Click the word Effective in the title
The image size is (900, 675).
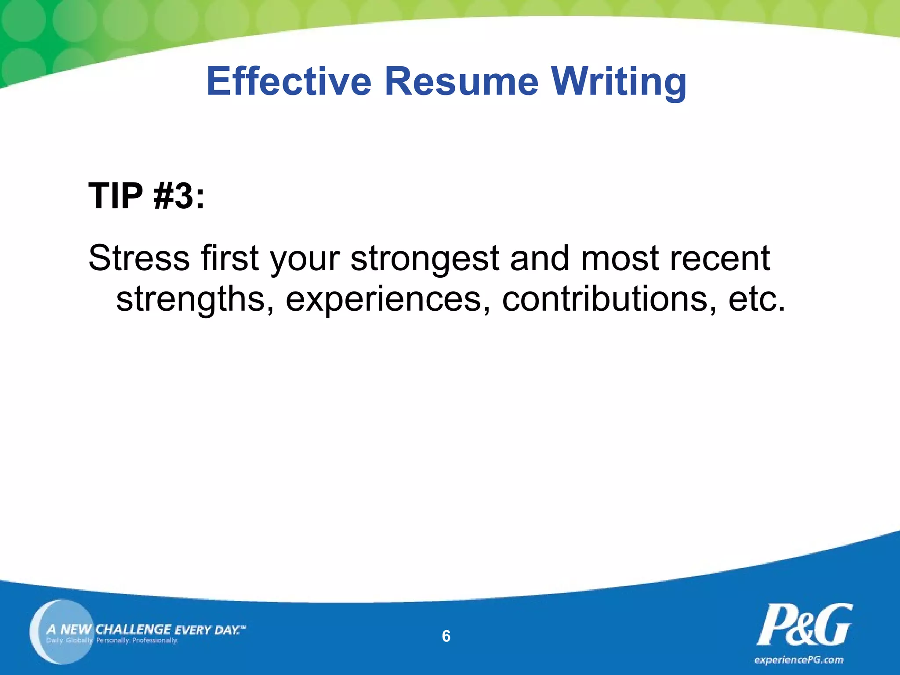point(289,81)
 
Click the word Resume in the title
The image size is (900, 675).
point(461,81)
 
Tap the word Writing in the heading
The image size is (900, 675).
point(618,81)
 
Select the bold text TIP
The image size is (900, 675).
point(116,196)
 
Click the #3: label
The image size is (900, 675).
point(179,196)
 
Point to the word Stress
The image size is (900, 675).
point(139,258)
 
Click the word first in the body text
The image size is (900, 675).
point(229,258)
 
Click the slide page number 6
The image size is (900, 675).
point(446,636)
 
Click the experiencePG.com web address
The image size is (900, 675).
point(798,660)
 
